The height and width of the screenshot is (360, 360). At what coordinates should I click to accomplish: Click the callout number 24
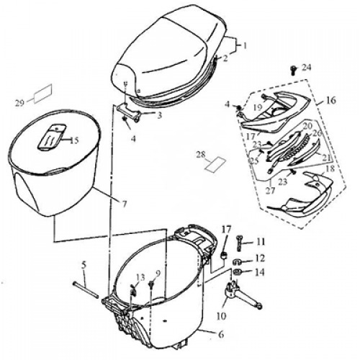[306, 68]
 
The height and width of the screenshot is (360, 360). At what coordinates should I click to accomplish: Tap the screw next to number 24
[293, 70]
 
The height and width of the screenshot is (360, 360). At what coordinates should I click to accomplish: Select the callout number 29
[19, 103]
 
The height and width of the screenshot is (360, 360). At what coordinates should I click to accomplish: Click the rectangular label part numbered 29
[42, 94]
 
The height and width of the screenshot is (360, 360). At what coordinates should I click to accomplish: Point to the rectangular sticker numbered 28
[215, 164]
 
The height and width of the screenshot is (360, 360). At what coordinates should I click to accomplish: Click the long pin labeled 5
[86, 290]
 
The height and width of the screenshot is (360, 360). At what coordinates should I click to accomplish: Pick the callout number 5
[84, 265]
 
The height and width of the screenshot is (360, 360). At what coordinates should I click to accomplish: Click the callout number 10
[221, 316]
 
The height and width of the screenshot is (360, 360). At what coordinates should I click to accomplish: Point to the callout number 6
[221, 334]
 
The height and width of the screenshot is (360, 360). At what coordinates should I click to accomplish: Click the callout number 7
[124, 204]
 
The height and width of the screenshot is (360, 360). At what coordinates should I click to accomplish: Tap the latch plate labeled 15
[53, 138]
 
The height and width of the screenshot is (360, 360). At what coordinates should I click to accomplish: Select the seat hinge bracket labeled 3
[128, 112]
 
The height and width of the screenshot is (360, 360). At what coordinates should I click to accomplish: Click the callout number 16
[330, 100]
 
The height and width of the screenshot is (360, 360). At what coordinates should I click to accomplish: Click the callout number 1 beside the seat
[245, 45]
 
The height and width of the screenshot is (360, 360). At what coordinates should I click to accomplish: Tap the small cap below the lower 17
[225, 256]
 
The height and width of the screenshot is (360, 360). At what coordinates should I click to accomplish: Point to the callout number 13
[140, 278]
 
